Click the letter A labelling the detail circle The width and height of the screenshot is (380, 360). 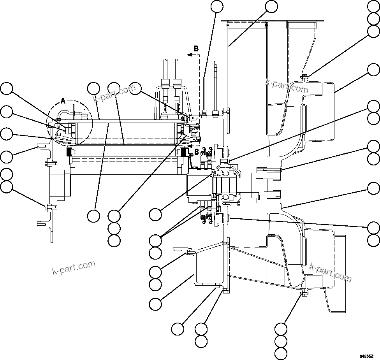point(63,101)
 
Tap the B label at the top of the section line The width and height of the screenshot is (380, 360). point(196,49)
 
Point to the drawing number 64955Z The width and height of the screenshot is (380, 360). point(366,356)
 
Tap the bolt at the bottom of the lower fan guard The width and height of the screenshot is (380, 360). point(304,293)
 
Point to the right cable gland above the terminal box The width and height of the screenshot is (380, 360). point(177,83)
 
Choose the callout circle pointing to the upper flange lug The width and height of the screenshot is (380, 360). point(6,157)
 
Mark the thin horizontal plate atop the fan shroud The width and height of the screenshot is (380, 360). point(273,21)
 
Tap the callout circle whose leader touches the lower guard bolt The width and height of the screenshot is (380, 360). point(281,328)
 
